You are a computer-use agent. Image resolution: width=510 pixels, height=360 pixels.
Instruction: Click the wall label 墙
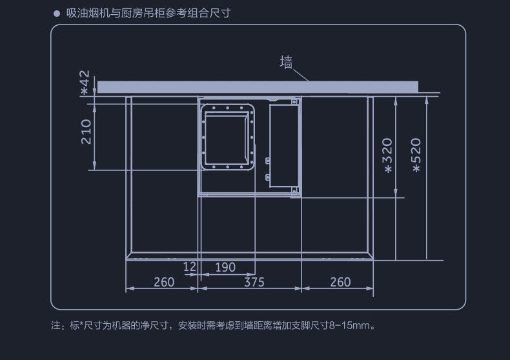pyautogui.click(x=287, y=63)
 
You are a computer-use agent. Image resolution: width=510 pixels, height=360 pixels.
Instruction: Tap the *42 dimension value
pyautogui.click(x=85, y=83)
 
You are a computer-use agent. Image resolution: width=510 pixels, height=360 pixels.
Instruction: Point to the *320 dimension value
pyautogui.click(x=387, y=155)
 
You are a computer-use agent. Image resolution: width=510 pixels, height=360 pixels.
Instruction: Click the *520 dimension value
pyautogui.click(x=416, y=155)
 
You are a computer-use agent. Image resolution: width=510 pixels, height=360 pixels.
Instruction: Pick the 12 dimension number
pyautogui.click(x=189, y=267)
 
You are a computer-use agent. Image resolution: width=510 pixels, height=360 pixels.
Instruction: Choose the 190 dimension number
pyautogui.click(x=225, y=267)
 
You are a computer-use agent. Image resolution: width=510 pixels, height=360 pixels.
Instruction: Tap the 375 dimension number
pyautogui.click(x=254, y=282)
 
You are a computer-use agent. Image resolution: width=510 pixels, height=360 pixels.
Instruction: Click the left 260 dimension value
pyautogui.click(x=164, y=282)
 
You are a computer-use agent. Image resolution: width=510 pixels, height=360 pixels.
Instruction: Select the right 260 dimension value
pyautogui.click(x=340, y=282)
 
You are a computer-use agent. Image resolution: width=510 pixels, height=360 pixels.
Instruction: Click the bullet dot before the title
pyautogui.click(x=56, y=13)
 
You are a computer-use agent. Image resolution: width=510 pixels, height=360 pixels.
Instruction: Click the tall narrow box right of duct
pyautogui.click(x=284, y=145)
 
